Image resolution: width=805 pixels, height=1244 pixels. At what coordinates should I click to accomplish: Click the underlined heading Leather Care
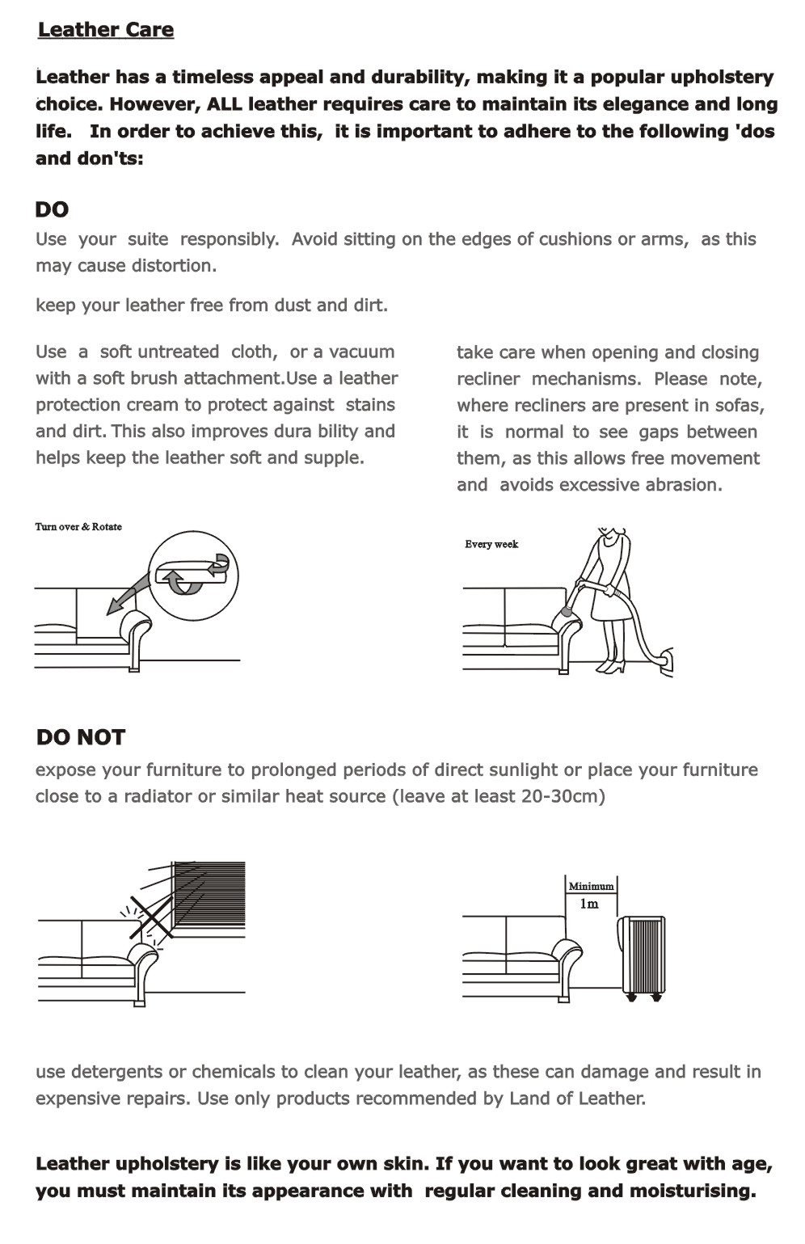(106, 30)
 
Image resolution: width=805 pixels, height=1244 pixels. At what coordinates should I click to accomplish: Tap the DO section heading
(52, 209)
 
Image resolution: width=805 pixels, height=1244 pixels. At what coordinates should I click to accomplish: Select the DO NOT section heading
(81, 737)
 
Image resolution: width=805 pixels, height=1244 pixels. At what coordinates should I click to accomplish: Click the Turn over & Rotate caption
(78, 527)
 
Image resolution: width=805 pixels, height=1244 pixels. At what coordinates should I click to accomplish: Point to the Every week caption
(491, 544)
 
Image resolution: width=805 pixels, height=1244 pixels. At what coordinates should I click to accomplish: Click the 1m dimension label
(589, 904)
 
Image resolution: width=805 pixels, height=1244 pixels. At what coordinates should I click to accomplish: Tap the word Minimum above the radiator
(591, 886)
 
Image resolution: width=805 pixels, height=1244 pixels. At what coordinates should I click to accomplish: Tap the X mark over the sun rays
(152, 917)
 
